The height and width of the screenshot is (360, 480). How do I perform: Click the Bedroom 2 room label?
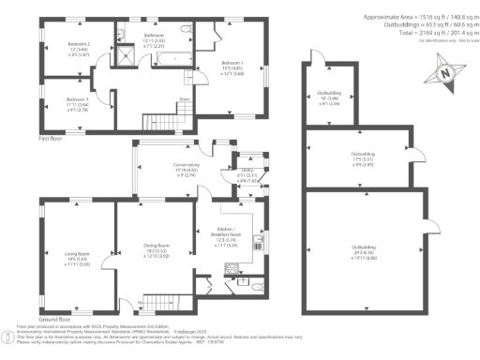79,44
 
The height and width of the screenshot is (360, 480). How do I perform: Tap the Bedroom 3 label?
78,98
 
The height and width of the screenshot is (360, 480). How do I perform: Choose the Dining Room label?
143,247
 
